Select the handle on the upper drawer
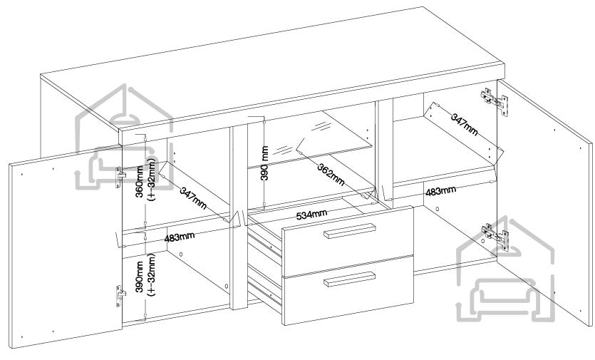(349, 231)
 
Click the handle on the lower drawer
(349, 278)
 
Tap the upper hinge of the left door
(120, 175)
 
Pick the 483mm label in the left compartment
(180, 237)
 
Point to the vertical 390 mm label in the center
(264, 164)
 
